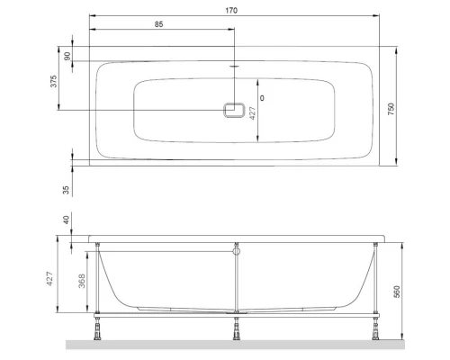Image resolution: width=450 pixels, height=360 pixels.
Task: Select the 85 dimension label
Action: tap(158, 24)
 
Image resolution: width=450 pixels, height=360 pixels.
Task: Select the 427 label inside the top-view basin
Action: tap(253, 112)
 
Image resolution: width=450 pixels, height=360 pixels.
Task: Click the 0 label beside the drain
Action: tap(262, 96)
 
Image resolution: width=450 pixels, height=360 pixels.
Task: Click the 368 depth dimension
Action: tap(82, 283)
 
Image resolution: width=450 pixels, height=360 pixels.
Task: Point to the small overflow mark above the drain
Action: tap(234, 66)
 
